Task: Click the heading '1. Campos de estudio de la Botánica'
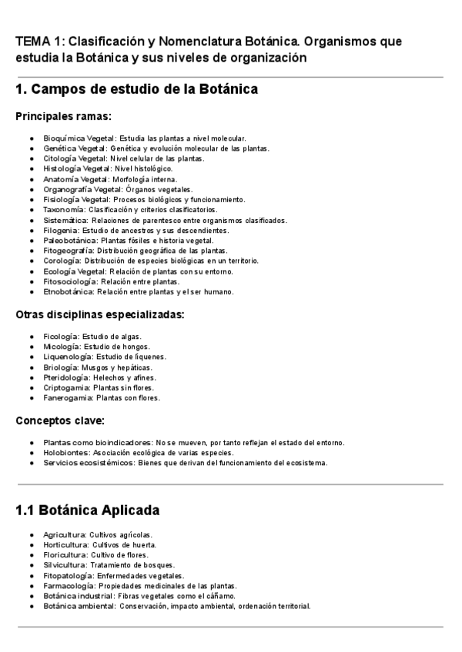click(136, 90)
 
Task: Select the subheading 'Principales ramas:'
click(63, 116)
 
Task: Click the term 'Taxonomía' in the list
click(64, 209)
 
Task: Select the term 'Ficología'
click(61, 336)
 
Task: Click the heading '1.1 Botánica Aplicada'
click(87, 511)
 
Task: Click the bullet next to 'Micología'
click(31, 347)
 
